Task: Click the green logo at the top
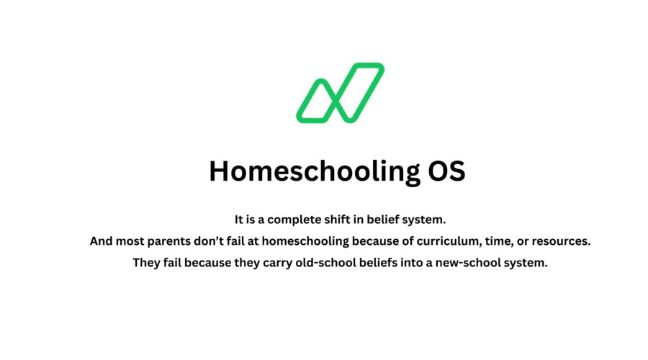coord(340,92)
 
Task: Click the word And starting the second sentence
coord(102,241)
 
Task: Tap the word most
coord(133,241)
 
